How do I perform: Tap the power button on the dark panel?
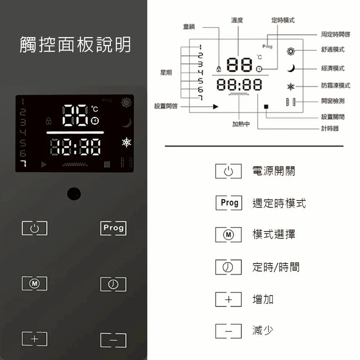[35, 228]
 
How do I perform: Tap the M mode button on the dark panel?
[35, 283]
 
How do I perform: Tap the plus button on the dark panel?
[35, 339]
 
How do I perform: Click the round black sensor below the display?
[74, 193]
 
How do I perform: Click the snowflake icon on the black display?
[127, 142]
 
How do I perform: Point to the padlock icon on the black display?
[49, 121]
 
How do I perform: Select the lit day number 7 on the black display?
[24, 164]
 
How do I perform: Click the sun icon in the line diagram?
[291, 51]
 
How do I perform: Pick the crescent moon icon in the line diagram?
[291, 68]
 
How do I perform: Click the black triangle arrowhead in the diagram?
[215, 106]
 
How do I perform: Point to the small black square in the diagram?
[266, 106]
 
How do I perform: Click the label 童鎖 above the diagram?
[189, 26]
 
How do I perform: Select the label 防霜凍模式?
[336, 85]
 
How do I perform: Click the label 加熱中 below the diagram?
[241, 124]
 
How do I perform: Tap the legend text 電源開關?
[274, 171]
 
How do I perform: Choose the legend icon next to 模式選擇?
[228, 235]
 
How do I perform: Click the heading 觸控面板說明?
[75, 44]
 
